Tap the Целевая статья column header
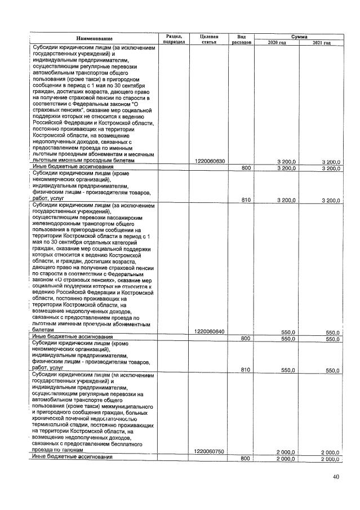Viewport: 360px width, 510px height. (x=208, y=38)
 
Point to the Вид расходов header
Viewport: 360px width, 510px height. (x=241, y=38)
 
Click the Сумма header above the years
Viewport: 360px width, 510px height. (x=299, y=35)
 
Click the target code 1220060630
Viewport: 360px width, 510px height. (x=210, y=162)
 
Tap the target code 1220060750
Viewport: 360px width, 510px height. (x=210, y=451)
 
